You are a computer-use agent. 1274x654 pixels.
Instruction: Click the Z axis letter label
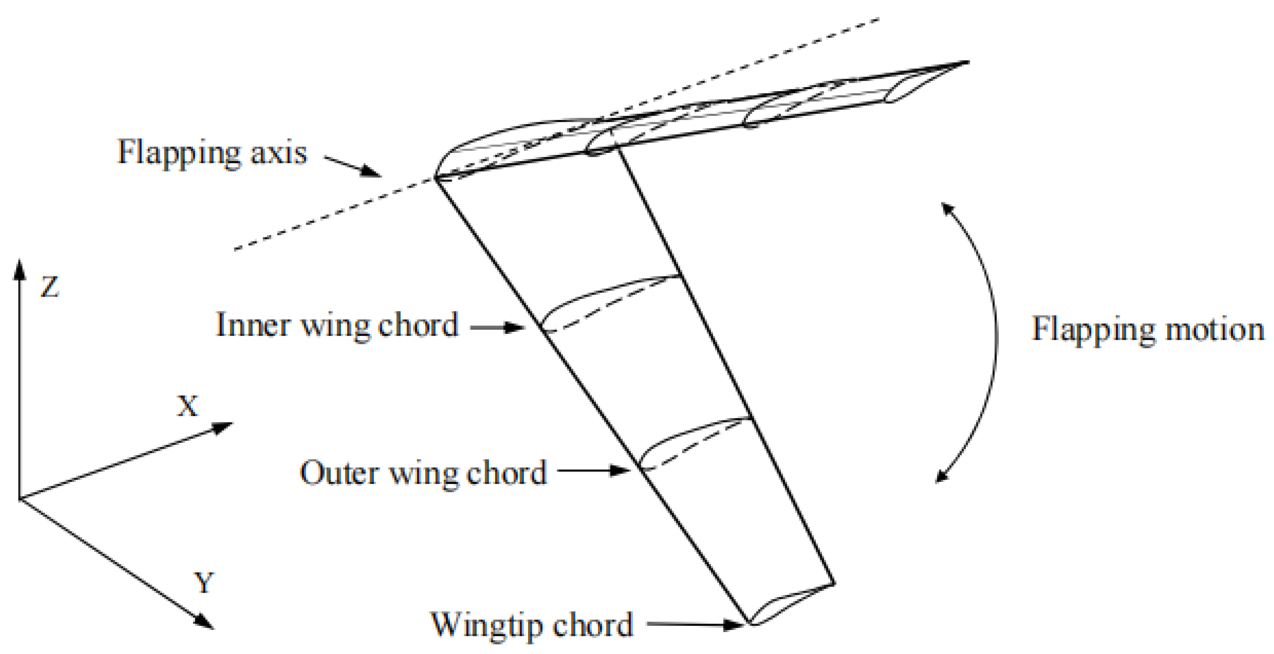pyautogui.click(x=49, y=287)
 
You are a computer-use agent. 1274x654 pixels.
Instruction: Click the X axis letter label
pyautogui.click(x=188, y=407)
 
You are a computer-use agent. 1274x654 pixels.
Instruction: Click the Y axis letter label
pyautogui.click(x=204, y=582)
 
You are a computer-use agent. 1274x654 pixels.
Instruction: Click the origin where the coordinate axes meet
pyautogui.click(x=19, y=499)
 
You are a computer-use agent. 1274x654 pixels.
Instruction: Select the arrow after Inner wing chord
pyautogui.click(x=497, y=327)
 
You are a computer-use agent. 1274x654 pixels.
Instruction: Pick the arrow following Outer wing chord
pyautogui.click(x=593, y=470)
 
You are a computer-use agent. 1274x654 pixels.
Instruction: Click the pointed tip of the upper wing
pyautogui.click(x=967, y=62)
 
